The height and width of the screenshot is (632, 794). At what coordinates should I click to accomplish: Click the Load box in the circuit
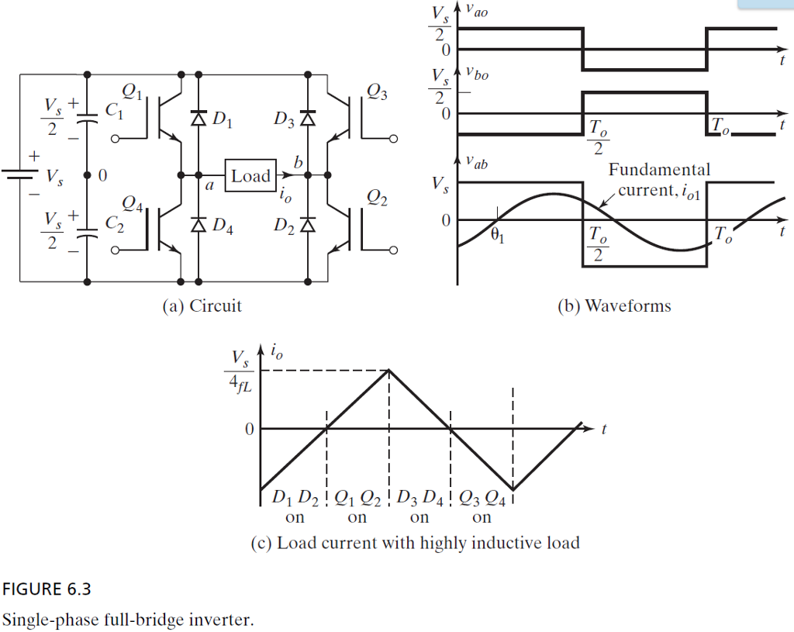pos(250,175)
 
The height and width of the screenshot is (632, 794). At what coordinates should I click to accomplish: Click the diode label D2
pos(284,226)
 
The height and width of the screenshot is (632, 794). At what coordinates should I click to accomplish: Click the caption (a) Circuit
pos(202,306)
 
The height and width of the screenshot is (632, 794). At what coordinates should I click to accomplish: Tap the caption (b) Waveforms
pos(614,306)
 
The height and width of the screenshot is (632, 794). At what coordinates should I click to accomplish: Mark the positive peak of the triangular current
pos(389,369)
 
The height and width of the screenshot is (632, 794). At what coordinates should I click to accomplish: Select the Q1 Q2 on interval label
pos(357,505)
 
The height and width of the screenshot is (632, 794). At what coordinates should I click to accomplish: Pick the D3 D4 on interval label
pos(419,505)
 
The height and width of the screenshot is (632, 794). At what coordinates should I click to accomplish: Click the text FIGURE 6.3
pos(47,589)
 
